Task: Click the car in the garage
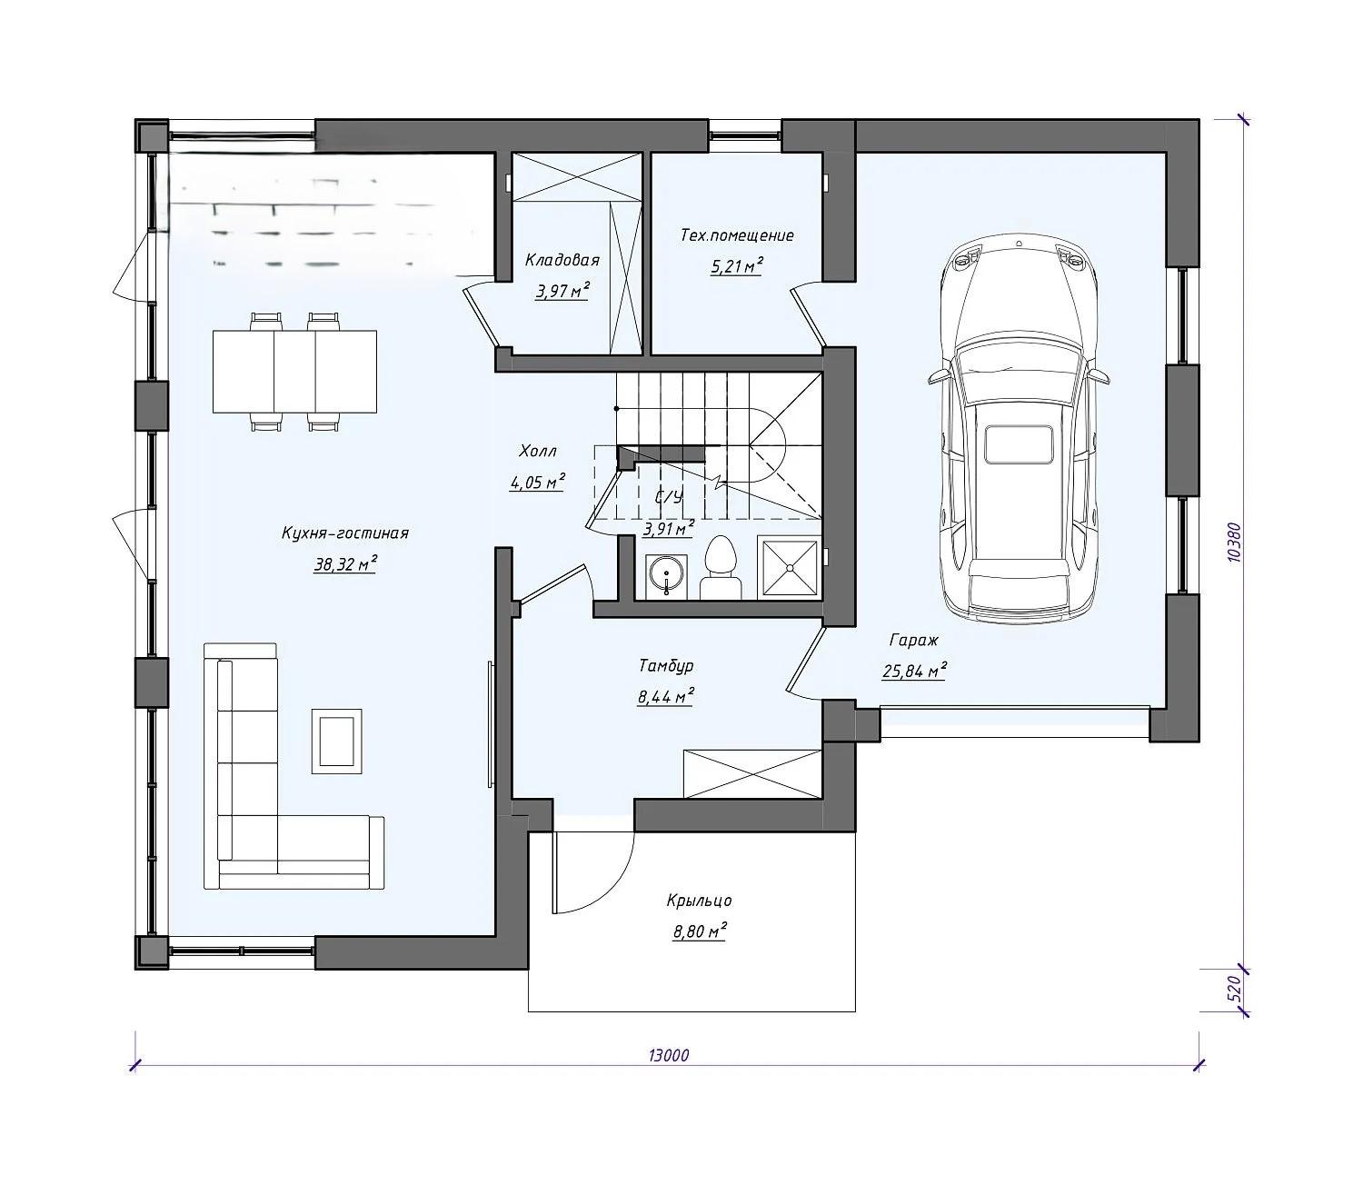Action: pyautogui.click(x=1019, y=433)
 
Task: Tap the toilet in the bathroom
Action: pyautogui.click(x=721, y=568)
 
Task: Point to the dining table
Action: pyautogui.click(x=294, y=371)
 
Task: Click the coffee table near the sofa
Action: pyautogui.click(x=337, y=741)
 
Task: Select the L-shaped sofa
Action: pyautogui.click(x=293, y=766)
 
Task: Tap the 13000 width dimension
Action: pyautogui.click(x=668, y=1054)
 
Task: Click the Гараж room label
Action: pyautogui.click(x=913, y=641)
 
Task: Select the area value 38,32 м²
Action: pyautogui.click(x=345, y=564)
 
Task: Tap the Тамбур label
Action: pyautogui.click(x=666, y=665)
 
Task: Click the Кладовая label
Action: pyautogui.click(x=562, y=260)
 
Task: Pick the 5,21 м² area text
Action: pyautogui.click(x=737, y=266)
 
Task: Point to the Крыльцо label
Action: pyautogui.click(x=699, y=901)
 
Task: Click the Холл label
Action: pyautogui.click(x=538, y=452)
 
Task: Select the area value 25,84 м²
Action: pyautogui.click(x=914, y=670)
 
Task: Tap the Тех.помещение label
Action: pyautogui.click(x=737, y=235)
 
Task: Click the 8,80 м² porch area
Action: pyautogui.click(x=699, y=931)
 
